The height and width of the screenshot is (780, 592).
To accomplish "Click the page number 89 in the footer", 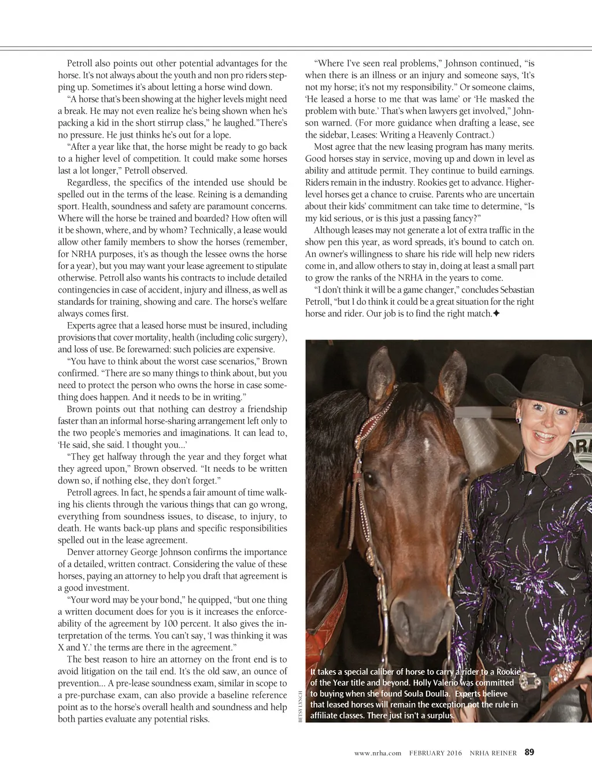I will tap(529, 752).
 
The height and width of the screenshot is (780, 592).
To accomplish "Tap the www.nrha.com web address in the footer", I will tap(378, 753).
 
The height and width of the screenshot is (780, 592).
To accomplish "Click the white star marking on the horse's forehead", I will tap(426, 445).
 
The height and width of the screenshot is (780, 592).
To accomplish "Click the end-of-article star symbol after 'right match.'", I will tap(496, 313).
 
